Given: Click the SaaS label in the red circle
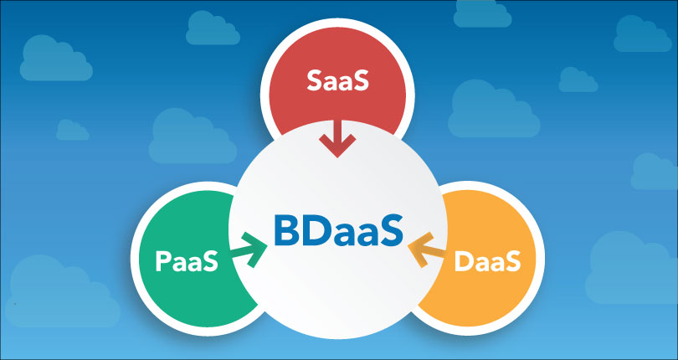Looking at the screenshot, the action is pos(337,80).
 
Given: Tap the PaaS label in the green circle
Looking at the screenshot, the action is pos(187,261).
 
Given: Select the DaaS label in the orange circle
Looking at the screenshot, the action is pos(487,261).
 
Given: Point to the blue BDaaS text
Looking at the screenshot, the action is pos(338,233).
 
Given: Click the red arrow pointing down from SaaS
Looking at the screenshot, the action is pos(337,138).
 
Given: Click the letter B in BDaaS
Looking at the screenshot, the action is pos(285,233).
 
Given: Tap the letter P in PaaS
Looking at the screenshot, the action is pos(162,261).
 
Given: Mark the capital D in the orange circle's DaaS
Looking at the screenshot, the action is pos(464,261).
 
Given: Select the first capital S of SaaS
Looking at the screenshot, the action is pos(315,80).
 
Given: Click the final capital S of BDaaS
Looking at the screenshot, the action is pos(393,233).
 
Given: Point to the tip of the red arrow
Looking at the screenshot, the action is pos(337,157).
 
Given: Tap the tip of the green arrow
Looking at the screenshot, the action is pos(267,246).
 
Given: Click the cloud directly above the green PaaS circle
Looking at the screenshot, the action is pos(193,136).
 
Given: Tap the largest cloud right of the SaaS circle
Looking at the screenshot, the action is pos(494,109).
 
